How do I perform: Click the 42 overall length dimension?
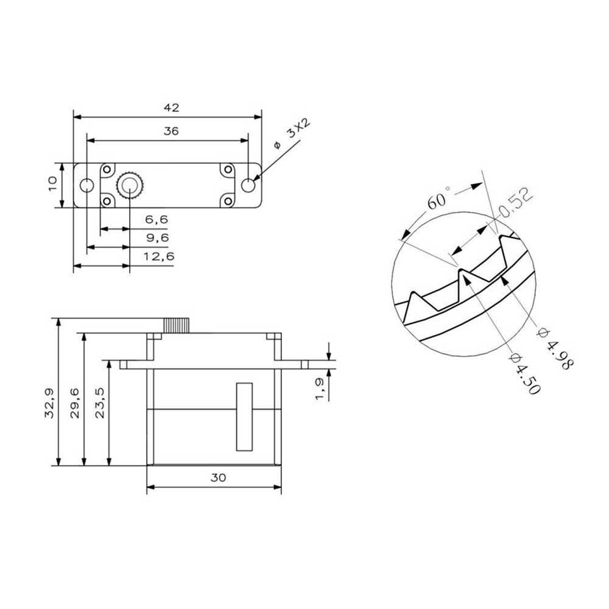coord(171,108)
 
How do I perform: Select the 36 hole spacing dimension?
coord(171,132)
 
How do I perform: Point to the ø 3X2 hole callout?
coord(292,134)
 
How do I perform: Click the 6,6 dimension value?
coord(157,220)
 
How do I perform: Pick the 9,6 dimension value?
coord(157,238)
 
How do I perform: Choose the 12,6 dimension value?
coord(159,256)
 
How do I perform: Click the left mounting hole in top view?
coord(86,185)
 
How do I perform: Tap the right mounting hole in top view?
coord(248,185)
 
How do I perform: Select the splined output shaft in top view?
coord(130,185)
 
